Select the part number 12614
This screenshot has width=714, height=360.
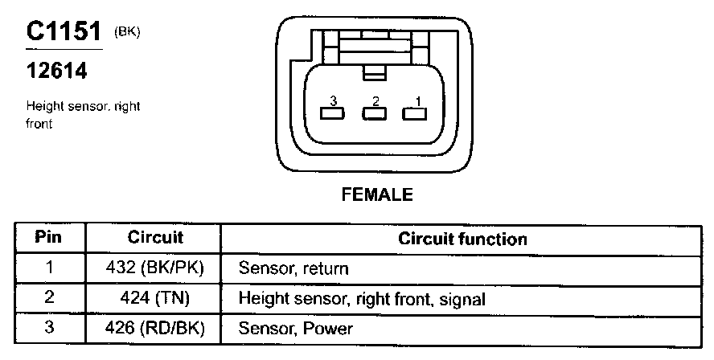56,71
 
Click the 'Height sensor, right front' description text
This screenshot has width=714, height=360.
83,114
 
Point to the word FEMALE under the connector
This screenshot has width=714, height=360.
377,194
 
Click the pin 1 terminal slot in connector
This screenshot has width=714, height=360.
412,113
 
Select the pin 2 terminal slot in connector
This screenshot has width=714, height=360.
371,113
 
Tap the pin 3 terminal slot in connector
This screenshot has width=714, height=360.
330,113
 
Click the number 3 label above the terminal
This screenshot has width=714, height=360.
331,101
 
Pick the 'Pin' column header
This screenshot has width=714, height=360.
49,238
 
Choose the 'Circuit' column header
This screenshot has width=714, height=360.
155,238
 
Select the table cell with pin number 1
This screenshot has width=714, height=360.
49,268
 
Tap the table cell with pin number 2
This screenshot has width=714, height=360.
49,298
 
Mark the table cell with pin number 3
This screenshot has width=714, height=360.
49,328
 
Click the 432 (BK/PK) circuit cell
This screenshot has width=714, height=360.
155,268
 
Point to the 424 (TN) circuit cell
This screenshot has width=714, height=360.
155,298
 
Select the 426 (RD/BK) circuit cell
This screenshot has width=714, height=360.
155,328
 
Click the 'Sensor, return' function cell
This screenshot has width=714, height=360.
293,269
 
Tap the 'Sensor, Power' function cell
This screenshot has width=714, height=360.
295,329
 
